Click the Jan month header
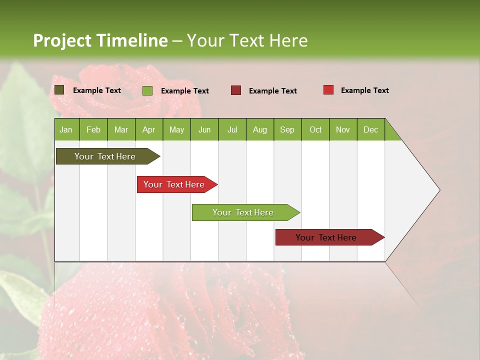coord(66,129)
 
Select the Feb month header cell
coord(93,129)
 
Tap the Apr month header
coord(149,129)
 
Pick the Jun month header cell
coord(204,129)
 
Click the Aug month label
coord(260,129)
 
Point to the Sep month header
coord(287,129)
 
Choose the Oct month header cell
coord(315,129)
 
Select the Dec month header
coord(371,129)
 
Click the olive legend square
coord(59,90)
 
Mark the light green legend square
coord(147,90)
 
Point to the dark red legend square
coord(236,90)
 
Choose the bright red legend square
coord(328,90)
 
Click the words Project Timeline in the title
coord(100,40)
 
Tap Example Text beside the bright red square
coord(365,90)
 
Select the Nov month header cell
coord(343,129)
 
